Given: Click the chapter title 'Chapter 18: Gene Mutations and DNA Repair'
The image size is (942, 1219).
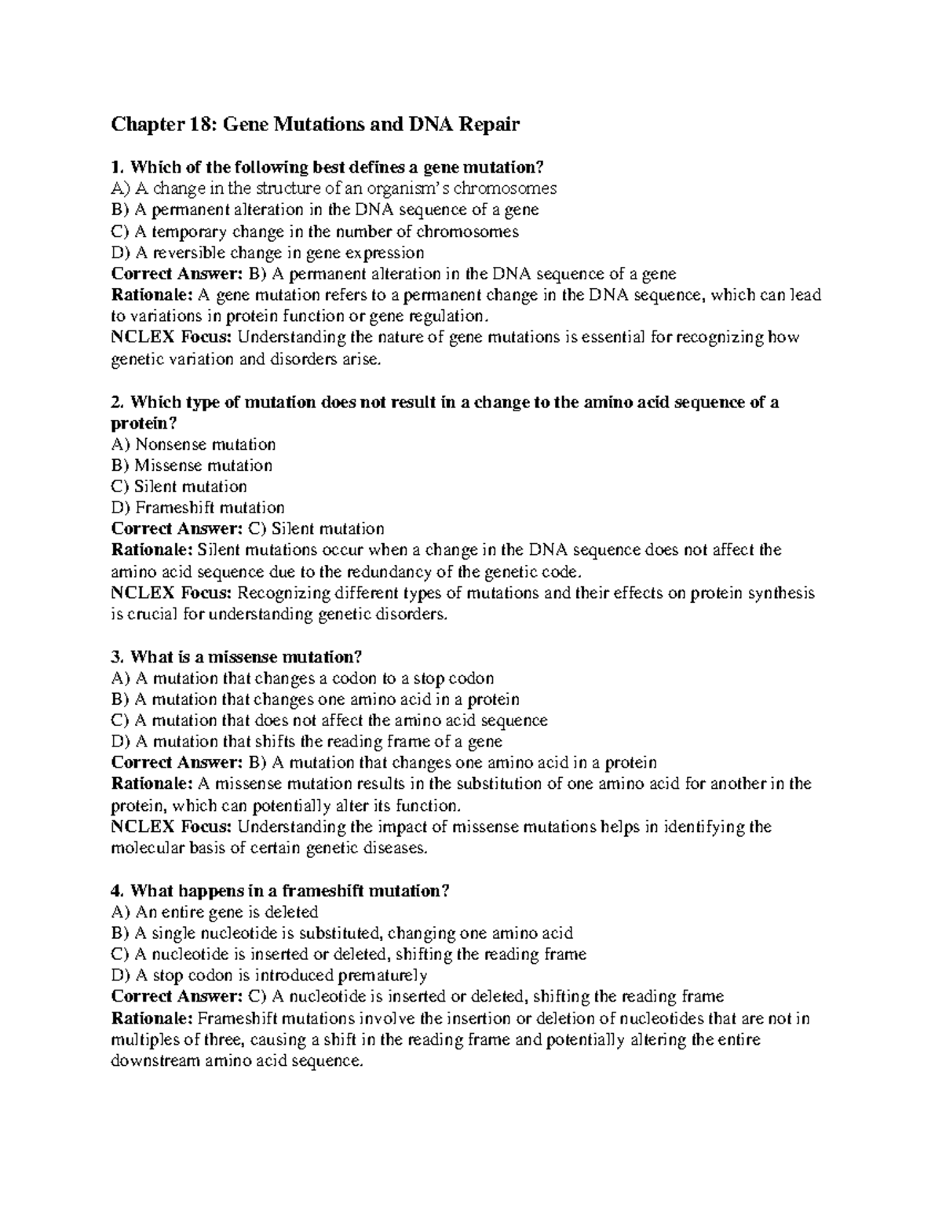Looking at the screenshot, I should pyautogui.click(x=316, y=124).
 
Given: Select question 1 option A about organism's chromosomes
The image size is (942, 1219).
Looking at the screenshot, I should pyautogui.click(x=334, y=188).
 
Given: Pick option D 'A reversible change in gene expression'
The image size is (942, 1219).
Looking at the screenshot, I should pyautogui.click(x=268, y=253).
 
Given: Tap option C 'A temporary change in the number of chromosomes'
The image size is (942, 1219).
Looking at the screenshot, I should pyautogui.click(x=315, y=232).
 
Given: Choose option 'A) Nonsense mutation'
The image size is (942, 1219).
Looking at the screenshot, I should pyautogui.click(x=194, y=444).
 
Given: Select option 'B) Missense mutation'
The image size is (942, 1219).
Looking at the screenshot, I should pyautogui.click(x=192, y=465).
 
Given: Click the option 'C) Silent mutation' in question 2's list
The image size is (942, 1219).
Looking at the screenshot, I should pyautogui.click(x=180, y=487).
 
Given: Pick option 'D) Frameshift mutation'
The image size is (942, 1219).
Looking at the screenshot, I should pyautogui.click(x=198, y=508).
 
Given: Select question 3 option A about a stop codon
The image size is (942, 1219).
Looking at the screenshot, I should pyautogui.click(x=303, y=678).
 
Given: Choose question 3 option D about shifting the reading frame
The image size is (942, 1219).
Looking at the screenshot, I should pyautogui.click(x=307, y=741).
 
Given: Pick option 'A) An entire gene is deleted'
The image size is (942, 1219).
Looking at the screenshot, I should pyautogui.click(x=215, y=912).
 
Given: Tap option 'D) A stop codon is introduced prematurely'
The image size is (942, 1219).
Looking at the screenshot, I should pyautogui.click(x=269, y=976).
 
